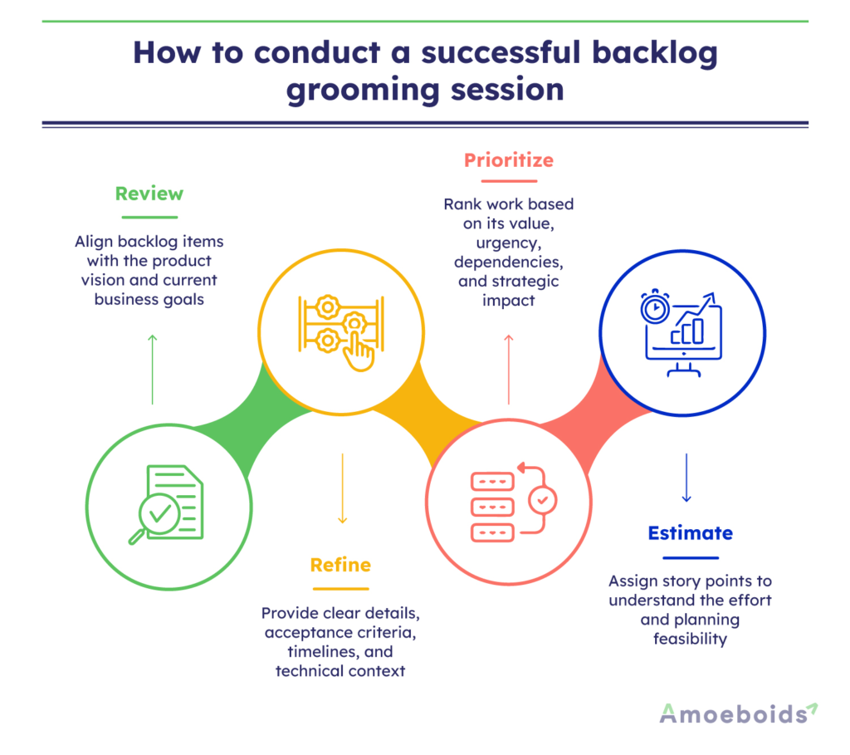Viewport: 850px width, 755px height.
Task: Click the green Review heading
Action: point(149,194)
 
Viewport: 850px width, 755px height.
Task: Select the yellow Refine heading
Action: point(340,565)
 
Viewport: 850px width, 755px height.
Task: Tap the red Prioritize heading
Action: point(508,159)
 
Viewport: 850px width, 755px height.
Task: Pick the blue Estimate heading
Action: point(690,532)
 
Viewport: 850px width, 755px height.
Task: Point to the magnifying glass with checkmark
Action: point(154,516)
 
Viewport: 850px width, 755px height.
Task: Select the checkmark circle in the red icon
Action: point(543,500)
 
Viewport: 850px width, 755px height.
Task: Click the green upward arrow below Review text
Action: point(152,369)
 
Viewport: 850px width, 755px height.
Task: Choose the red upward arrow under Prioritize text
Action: point(509,369)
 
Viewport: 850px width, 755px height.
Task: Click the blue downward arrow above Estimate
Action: point(686,478)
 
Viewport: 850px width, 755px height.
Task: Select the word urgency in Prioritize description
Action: point(508,242)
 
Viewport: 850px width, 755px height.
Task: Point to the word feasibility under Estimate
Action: point(690,639)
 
